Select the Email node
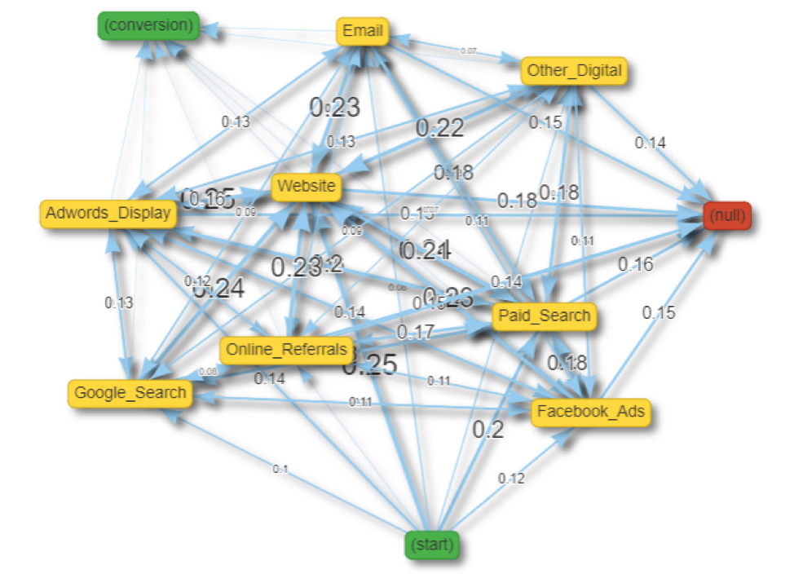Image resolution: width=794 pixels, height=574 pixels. click(363, 32)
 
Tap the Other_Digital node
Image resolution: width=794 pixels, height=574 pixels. click(575, 71)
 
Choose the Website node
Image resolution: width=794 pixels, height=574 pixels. click(306, 187)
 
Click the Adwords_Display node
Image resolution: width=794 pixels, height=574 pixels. click(108, 214)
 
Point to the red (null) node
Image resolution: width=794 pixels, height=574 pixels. click(727, 217)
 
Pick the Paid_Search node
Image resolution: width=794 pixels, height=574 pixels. click(545, 316)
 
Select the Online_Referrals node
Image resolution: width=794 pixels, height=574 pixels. click(287, 350)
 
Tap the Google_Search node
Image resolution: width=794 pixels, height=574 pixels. click(130, 393)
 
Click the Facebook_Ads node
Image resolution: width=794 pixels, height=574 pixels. click(591, 412)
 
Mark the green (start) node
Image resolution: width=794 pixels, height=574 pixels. click(432, 543)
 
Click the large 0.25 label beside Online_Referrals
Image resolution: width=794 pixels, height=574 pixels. click(369, 365)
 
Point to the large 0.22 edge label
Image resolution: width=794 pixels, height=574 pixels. click(440, 127)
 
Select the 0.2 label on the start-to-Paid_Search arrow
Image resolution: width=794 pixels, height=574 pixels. click(488, 430)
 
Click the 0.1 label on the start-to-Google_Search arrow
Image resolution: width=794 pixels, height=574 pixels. click(281, 469)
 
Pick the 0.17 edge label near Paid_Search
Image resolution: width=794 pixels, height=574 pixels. click(415, 332)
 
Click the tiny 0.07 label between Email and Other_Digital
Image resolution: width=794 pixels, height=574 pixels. click(468, 51)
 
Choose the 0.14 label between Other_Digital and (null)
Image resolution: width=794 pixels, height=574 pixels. click(651, 143)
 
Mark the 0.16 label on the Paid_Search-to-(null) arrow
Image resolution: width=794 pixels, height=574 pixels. click(635, 264)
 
